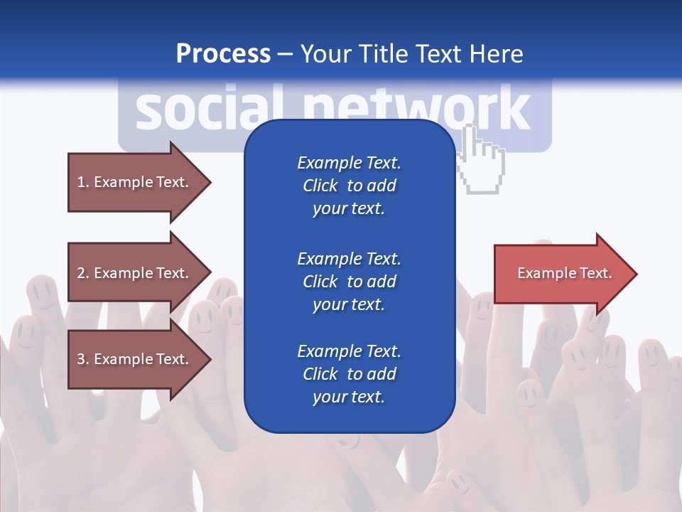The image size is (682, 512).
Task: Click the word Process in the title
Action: [x=223, y=54]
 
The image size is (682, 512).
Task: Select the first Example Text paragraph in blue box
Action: [x=349, y=186]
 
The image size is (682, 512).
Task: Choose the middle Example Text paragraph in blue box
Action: [x=349, y=282]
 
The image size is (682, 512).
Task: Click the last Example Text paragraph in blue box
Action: [x=349, y=374]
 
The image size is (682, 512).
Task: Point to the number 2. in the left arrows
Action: [x=82, y=273]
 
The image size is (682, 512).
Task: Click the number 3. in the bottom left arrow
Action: [x=82, y=359]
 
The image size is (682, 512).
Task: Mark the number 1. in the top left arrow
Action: [x=82, y=182]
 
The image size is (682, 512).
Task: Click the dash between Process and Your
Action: [x=286, y=54]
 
